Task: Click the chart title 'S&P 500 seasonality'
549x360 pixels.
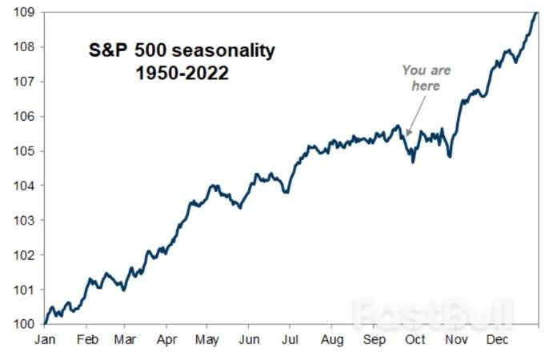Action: (181, 51)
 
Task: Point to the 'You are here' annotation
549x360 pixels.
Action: (427, 78)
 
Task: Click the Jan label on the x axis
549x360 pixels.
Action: (44, 339)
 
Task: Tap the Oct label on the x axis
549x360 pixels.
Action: (415, 339)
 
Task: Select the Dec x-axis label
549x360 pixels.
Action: (497, 339)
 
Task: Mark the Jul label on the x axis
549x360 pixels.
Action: (291, 339)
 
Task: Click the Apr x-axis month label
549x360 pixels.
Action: (166, 339)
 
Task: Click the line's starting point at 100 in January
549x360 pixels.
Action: (46, 323)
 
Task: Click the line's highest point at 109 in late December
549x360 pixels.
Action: (535, 13)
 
